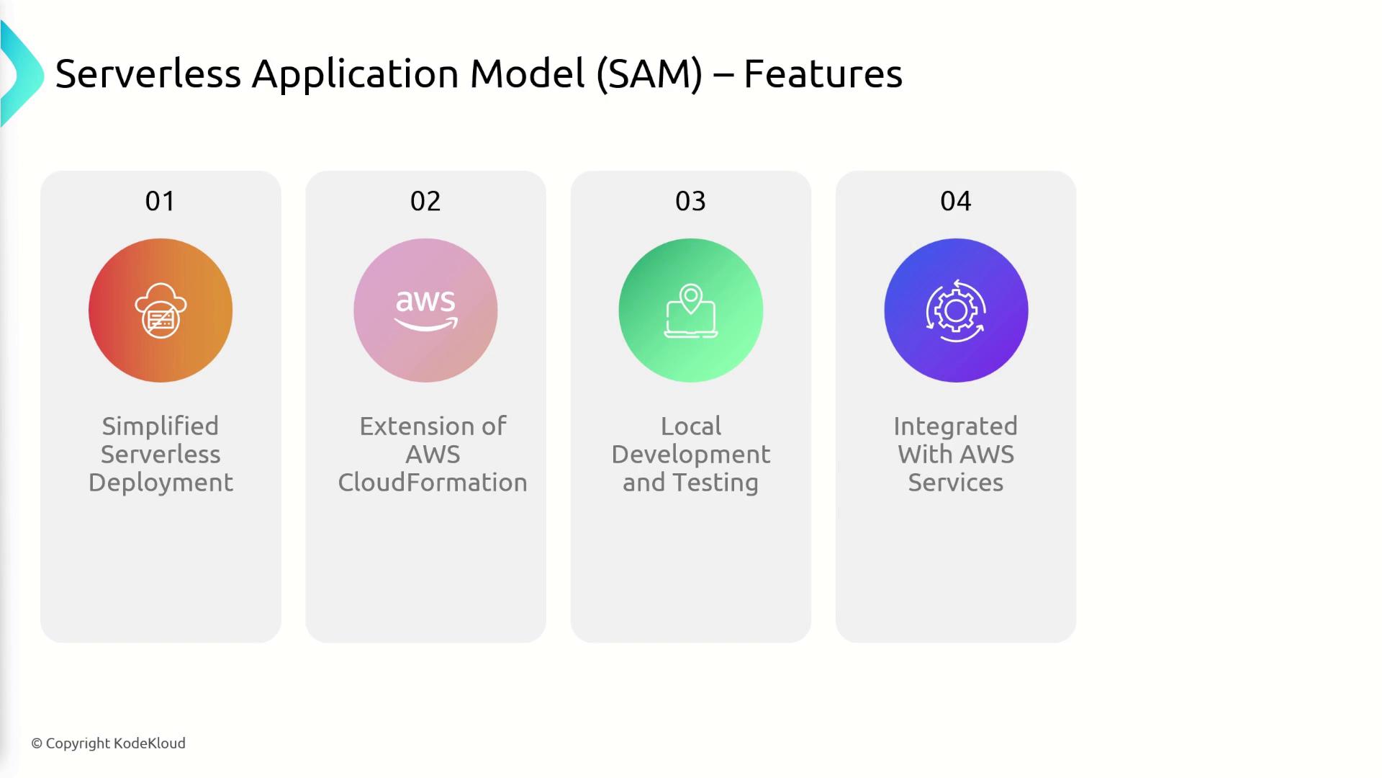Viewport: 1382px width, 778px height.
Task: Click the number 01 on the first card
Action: point(160,201)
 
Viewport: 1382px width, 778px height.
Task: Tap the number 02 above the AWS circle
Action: point(425,201)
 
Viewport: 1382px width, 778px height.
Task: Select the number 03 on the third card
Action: point(690,201)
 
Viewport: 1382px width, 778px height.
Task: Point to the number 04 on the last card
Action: point(956,201)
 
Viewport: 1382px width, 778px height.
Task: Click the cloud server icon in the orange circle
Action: point(161,310)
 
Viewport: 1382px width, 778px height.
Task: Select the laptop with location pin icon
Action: point(690,310)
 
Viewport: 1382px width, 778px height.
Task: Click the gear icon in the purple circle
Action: point(956,310)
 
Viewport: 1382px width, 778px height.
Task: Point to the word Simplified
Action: point(160,426)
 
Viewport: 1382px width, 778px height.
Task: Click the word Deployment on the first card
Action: point(161,483)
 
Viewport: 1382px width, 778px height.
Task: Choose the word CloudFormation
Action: point(433,483)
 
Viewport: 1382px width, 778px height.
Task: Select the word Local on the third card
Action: point(691,426)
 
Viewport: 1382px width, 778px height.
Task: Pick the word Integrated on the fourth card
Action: point(956,426)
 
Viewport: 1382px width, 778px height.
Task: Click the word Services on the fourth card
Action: point(956,483)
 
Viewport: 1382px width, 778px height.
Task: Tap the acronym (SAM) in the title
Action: point(649,73)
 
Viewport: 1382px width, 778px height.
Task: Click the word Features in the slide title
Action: point(823,73)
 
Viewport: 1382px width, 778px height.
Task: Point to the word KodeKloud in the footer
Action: point(150,743)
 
